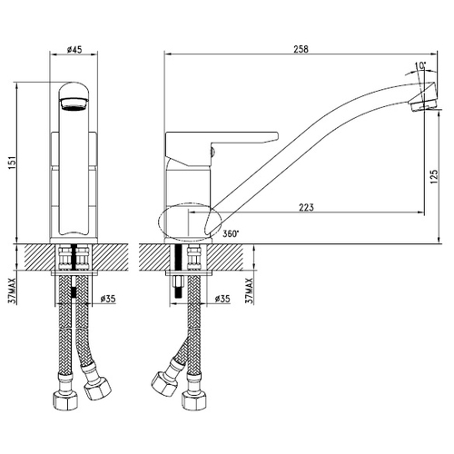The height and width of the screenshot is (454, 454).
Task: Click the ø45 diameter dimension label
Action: pyautogui.click(x=74, y=49)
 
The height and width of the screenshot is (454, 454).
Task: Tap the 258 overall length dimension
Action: pyautogui.click(x=301, y=49)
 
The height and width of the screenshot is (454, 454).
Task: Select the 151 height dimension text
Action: pyautogui.click(x=11, y=163)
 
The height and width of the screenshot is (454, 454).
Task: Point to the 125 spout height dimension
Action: pyautogui.click(x=433, y=176)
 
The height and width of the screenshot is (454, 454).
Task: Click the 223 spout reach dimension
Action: pyautogui.click(x=306, y=207)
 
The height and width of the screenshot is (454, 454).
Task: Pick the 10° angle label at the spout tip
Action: pyautogui.click(x=420, y=65)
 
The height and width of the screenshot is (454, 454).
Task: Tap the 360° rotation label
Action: pyautogui.click(x=231, y=233)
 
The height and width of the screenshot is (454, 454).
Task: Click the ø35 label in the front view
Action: pyautogui.click(x=108, y=299)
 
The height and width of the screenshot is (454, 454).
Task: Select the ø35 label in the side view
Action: pyautogui.click(x=222, y=299)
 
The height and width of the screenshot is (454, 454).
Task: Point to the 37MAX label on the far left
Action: pyautogui.click(x=11, y=291)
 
